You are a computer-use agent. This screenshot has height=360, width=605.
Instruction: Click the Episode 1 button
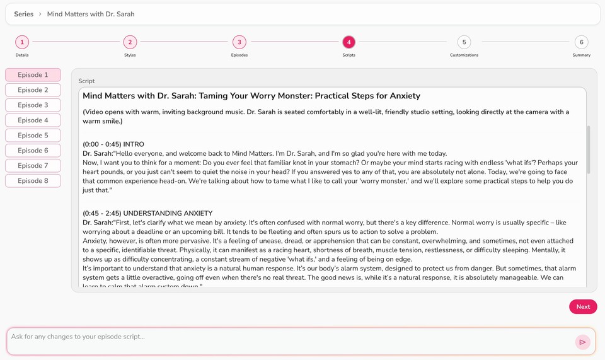(33, 75)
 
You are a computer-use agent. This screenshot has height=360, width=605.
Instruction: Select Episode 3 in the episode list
(33, 105)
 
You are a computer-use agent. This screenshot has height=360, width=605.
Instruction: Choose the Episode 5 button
(33, 136)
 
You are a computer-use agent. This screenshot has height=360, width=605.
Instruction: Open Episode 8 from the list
(33, 181)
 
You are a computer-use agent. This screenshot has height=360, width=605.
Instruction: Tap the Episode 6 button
(33, 151)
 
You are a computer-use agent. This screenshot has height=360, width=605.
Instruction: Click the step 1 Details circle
(22, 42)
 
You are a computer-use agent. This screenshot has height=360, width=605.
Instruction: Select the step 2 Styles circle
(130, 42)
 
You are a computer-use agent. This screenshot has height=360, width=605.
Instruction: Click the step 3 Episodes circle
(239, 42)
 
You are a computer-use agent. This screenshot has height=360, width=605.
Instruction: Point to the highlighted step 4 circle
(349, 42)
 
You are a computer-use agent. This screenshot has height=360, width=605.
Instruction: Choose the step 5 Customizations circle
(464, 42)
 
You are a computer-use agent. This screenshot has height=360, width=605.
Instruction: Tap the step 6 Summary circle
(581, 42)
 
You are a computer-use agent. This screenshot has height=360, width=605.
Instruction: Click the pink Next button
(583, 307)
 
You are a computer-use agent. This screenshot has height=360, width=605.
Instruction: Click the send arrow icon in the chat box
(582, 342)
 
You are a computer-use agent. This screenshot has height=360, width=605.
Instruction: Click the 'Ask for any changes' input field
(284, 337)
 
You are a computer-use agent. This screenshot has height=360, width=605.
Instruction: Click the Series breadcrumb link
(24, 14)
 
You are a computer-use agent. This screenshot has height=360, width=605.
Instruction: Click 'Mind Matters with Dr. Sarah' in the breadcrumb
(91, 14)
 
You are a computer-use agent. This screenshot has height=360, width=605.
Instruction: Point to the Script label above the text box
(86, 81)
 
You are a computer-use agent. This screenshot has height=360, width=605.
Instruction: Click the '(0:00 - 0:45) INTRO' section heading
(113, 144)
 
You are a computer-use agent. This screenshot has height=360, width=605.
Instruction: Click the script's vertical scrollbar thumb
(589, 149)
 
